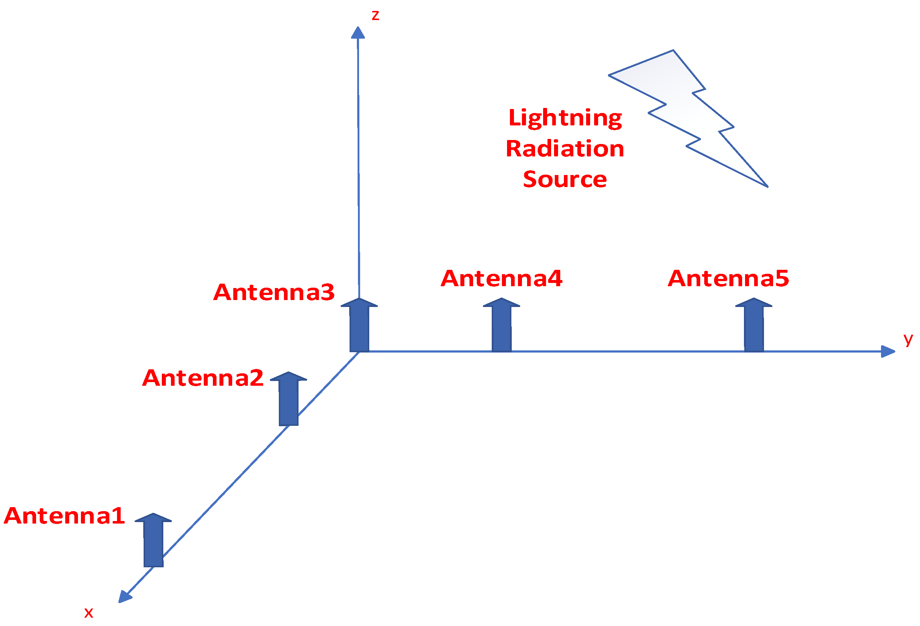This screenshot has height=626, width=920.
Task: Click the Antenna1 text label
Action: [64, 516]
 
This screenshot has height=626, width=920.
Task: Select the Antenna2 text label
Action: [203, 378]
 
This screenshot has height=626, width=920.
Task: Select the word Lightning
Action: [565, 118]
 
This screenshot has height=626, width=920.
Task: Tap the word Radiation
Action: [565, 149]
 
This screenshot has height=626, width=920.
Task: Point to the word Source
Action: [565, 179]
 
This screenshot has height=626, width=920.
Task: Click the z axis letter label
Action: [375, 16]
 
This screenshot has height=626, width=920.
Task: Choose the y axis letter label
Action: [908, 339]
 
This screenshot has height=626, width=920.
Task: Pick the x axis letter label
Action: [89, 613]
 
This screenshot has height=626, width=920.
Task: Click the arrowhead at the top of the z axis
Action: [358, 33]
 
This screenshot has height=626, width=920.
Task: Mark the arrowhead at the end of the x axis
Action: [125, 596]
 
